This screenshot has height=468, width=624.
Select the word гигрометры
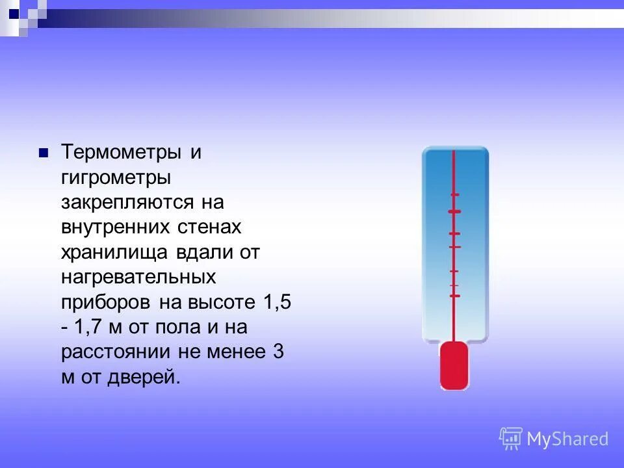pos(116,178)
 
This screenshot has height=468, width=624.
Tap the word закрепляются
pos(127,202)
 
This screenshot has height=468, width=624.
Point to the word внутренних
pos(115,227)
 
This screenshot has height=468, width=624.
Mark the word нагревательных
pos(138,277)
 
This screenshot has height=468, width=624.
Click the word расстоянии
pos(116,352)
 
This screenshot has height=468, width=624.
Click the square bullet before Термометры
pos(44,153)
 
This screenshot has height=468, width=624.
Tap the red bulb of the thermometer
pos(454,366)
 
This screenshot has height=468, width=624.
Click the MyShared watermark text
pos(567,439)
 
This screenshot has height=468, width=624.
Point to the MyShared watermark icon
pos(511,439)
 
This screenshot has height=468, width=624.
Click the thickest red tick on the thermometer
pos(454,212)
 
